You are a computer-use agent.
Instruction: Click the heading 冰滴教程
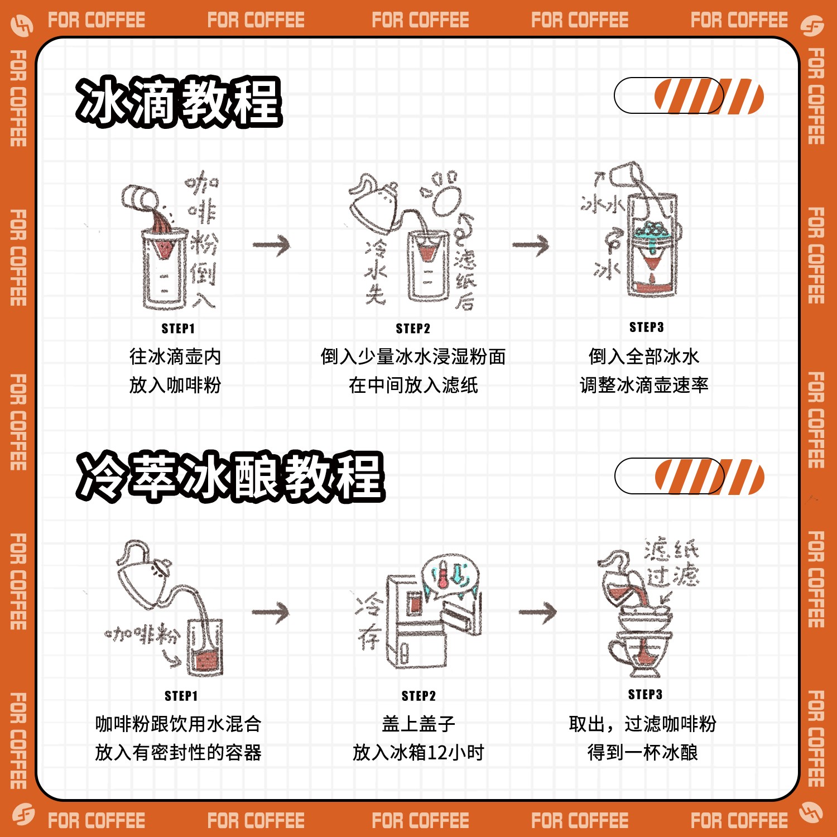coord(179,102)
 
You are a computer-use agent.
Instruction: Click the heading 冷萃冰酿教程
coord(230,476)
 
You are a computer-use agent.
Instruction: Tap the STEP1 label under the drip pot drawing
coord(178,328)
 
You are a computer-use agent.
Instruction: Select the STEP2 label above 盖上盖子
coord(419,695)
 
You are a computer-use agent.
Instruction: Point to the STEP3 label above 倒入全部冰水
coord(646,327)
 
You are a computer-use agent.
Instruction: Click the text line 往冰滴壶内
coord(175,357)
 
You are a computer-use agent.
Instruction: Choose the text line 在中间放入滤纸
coord(413,385)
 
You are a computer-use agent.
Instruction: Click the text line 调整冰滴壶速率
coord(644,385)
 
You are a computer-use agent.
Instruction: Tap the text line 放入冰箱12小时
coord(418,753)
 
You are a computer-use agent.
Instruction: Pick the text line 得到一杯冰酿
coord(643,753)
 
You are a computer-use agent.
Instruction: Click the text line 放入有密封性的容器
coord(178,753)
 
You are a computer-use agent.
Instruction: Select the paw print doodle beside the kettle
coord(444,193)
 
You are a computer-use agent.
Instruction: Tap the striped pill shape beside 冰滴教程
coord(689,96)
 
